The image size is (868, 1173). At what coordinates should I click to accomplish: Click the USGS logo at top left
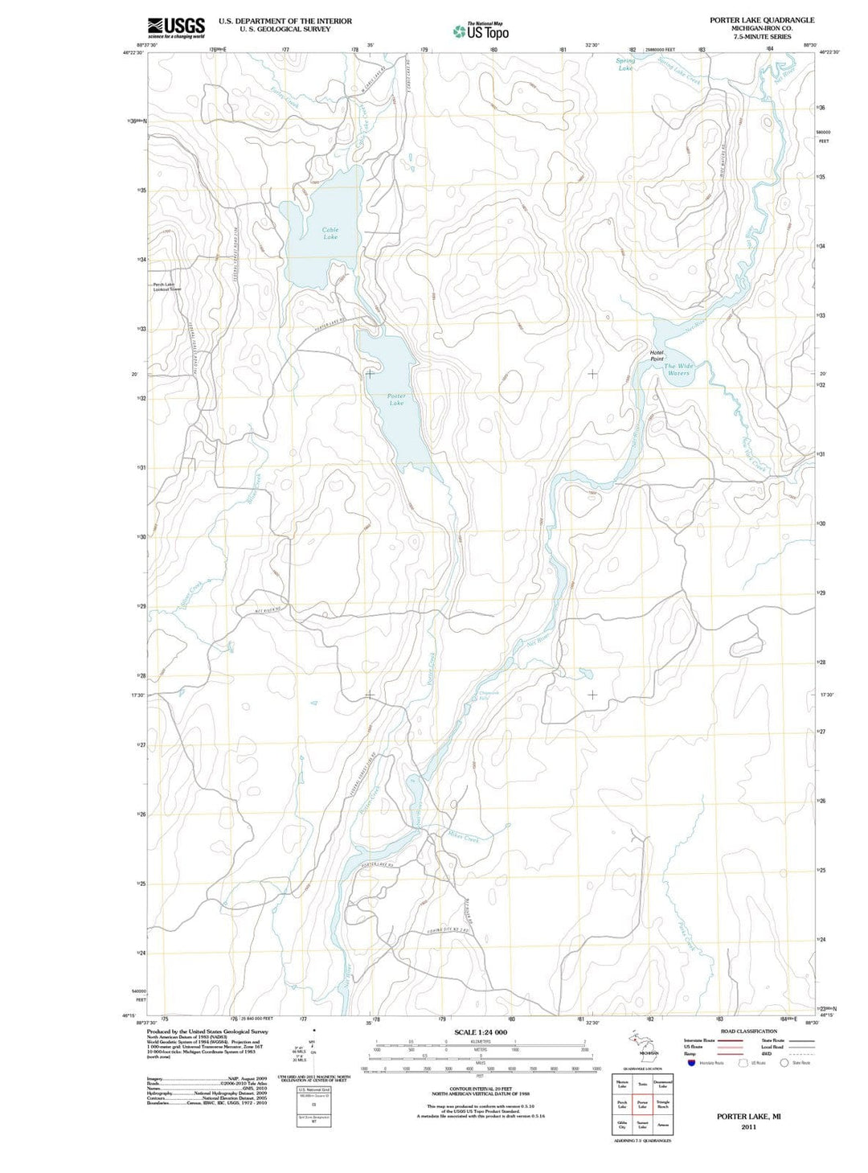(176, 27)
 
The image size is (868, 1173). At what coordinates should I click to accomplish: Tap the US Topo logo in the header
(481, 31)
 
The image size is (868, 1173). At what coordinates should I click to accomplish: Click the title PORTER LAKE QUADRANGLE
(761, 20)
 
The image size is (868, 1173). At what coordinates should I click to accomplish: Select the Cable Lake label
(330, 234)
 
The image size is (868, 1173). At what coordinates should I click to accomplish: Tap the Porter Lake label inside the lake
(396, 400)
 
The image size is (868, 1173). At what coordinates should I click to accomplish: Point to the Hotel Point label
(657, 355)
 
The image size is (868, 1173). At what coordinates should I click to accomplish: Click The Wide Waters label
(678, 369)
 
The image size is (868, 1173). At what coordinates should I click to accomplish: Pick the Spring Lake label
(625, 64)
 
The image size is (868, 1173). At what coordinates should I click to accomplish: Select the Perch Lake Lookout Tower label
(167, 287)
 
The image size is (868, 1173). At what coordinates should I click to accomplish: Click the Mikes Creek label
(463, 837)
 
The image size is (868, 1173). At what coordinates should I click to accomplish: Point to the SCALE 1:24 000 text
(481, 1032)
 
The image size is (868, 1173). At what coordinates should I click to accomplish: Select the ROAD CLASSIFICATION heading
(748, 1031)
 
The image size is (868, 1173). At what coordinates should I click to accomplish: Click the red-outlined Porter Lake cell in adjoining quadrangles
(642, 1105)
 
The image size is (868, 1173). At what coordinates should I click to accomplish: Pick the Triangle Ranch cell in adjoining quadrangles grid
(662, 1105)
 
